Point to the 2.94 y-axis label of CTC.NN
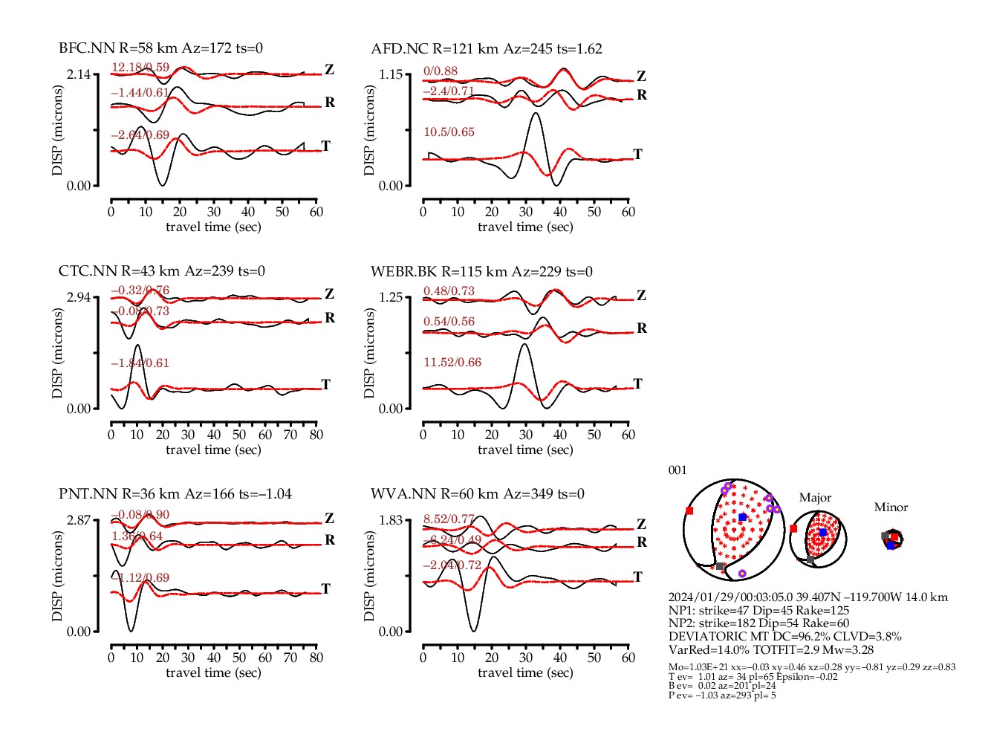[x=78, y=297]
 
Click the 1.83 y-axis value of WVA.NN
[x=390, y=520]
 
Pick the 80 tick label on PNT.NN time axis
[x=316, y=658]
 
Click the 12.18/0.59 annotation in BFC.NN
[x=140, y=68]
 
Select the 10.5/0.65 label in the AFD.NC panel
[x=449, y=132]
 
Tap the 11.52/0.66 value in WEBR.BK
[x=452, y=363]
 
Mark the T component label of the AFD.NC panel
[x=637, y=155]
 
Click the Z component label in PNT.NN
[x=329, y=519]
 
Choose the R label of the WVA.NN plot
[x=642, y=542]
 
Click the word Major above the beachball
[x=815, y=498]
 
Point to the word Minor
[x=891, y=507]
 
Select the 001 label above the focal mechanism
[x=678, y=470]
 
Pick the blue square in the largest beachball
[x=742, y=517]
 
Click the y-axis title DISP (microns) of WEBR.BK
[x=369, y=353]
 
